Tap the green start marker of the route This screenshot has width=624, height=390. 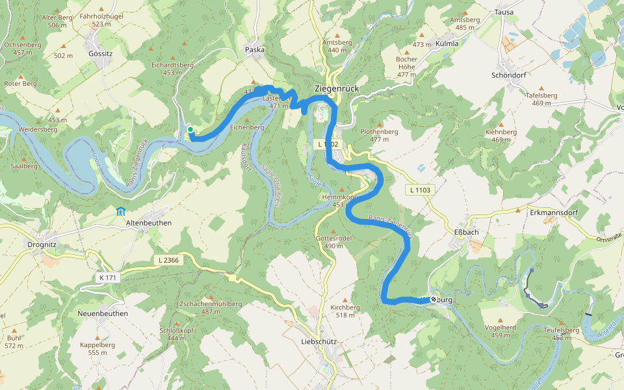pos(190,130)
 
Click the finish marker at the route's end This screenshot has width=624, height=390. pos(434,300)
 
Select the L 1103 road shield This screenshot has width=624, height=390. pos(420,190)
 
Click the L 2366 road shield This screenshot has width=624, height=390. pos(168,260)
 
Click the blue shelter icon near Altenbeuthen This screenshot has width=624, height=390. pos(120,211)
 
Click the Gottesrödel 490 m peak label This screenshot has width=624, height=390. pos(333,242)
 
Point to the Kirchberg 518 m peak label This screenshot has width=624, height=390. pos(345,311)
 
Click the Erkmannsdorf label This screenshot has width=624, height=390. pos(552,212)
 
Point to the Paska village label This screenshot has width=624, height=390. pos(255,49)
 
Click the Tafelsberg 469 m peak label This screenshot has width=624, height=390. pos(541,99)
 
